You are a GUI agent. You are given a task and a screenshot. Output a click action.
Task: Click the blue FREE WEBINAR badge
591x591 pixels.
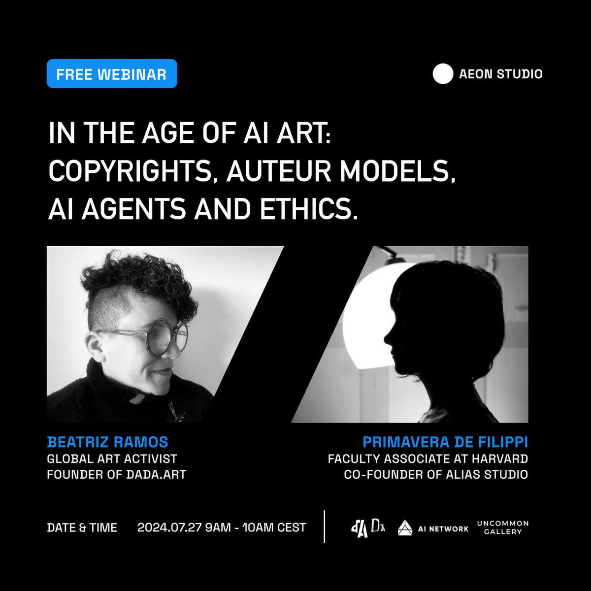pyautogui.click(x=112, y=74)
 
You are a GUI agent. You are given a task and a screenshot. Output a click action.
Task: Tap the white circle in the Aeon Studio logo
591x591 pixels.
pyautogui.click(x=442, y=74)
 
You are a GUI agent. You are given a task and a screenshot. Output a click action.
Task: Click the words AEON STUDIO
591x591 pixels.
pyautogui.click(x=500, y=74)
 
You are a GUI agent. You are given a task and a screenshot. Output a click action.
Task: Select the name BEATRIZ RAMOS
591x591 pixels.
pyautogui.click(x=107, y=442)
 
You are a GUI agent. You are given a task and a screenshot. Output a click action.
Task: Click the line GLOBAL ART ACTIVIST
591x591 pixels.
pyautogui.click(x=112, y=459)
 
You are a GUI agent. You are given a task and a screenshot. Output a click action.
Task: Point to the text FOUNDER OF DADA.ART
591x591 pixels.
pyautogui.click(x=116, y=475)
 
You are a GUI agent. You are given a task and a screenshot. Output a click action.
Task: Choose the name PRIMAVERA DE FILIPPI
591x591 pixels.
pyautogui.click(x=445, y=442)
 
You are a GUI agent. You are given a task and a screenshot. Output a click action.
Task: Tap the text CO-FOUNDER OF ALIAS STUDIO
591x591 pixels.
pyautogui.click(x=436, y=475)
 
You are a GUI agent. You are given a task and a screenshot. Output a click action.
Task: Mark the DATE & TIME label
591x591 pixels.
pyautogui.click(x=82, y=527)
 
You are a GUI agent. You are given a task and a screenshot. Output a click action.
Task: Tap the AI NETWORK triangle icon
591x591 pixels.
pyautogui.click(x=405, y=528)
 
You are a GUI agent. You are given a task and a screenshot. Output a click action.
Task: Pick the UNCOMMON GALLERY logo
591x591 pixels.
pyautogui.click(x=502, y=527)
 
